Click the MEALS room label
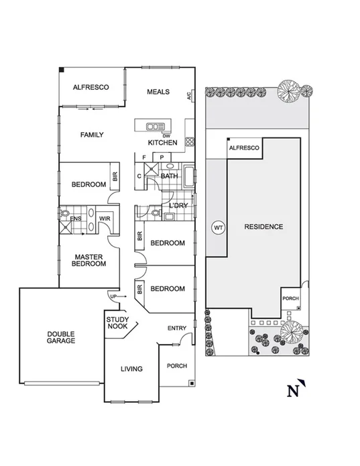(158, 92)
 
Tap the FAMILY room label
(92, 135)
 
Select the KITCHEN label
(162, 143)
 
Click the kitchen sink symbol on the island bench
(156, 126)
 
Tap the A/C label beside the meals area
(190, 96)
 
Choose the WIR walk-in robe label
(104, 218)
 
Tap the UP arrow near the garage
(113, 296)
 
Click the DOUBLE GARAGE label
(61, 337)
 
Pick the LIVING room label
(132, 369)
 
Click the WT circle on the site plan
(218, 227)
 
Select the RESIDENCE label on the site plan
(263, 227)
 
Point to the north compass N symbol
(293, 391)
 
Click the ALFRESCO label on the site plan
(243, 147)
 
